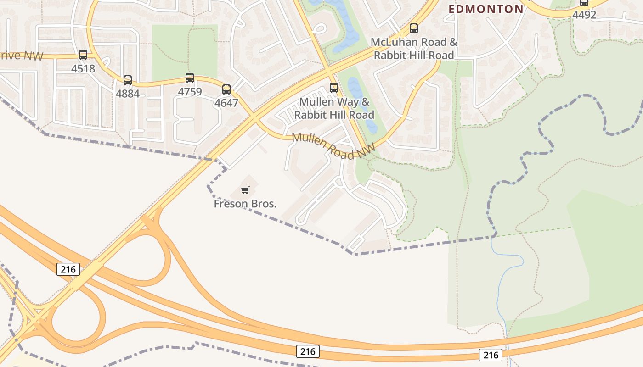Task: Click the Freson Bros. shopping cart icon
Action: tap(245, 190)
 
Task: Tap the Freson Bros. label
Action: tap(245, 204)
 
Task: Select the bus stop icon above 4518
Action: tap(83, 55)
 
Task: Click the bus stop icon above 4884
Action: tap(128, 80)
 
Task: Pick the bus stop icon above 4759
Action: tap(190, 78)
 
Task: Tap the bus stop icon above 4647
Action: tap(226, 89)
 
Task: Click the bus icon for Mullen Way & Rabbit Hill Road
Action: tap(334, 88)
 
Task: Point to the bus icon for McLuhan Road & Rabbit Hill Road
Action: tap(414, 28)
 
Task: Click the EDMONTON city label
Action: tap(486, 9)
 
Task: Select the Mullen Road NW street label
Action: tap(333, 146)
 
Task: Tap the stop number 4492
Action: tap(584, 15)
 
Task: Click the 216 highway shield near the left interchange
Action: tap(68, 269)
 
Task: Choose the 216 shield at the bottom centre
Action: tap(307, 351)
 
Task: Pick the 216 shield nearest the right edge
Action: tap(491, 355)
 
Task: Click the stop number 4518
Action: tap(83, 69)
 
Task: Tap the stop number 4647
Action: tap(226, 103)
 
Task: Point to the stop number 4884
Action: tap(128, 94)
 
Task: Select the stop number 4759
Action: tap(190, 92)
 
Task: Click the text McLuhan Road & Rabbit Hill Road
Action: tap(414, 49)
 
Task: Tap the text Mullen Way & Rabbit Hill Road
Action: tap(334, 108)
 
